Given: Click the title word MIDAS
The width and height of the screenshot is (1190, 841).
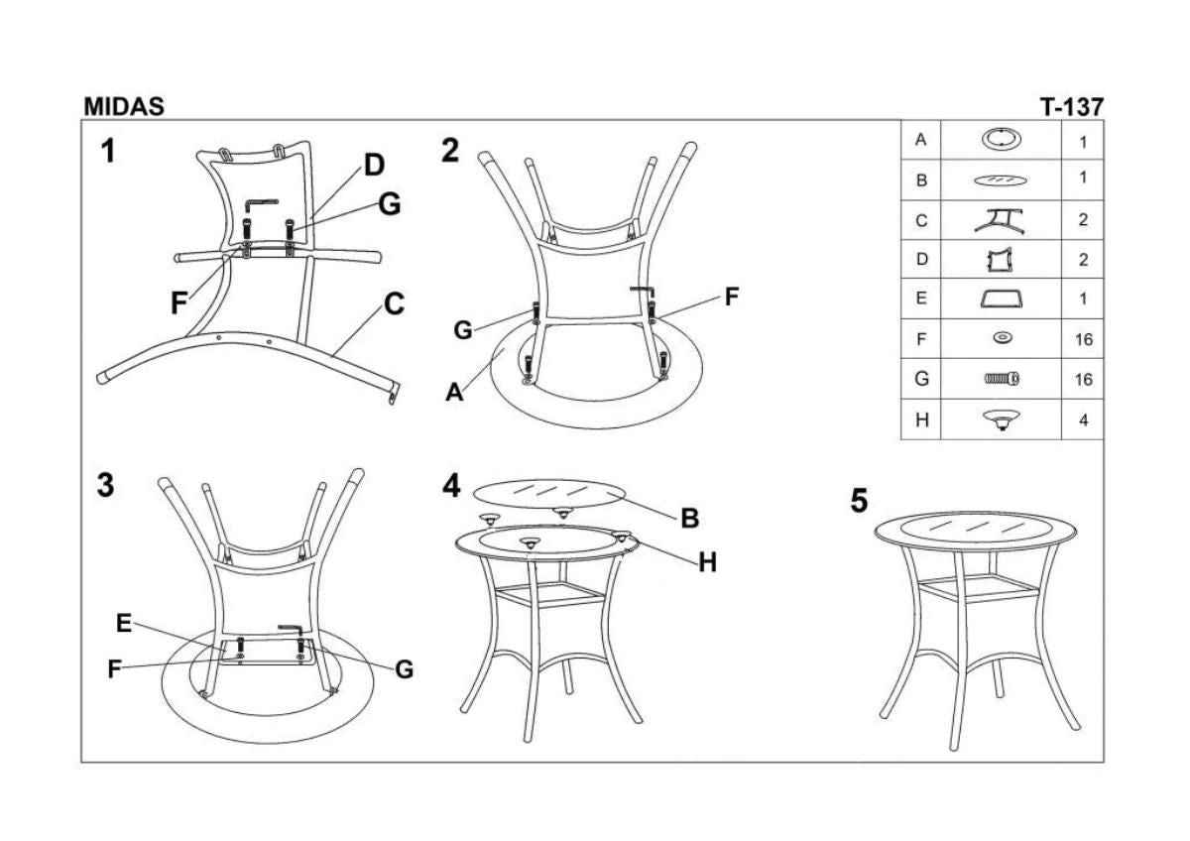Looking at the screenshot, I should point(124,107).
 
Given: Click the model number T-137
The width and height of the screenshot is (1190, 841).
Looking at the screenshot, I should point(1070,107).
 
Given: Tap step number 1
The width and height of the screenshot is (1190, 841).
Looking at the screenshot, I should point(107,152).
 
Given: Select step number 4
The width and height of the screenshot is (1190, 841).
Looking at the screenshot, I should point(452,486).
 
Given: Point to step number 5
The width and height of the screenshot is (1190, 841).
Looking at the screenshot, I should point(860,502).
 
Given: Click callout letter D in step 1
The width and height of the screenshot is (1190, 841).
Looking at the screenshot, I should point(374,166).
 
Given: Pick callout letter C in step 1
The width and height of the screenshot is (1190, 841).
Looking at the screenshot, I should point(394,304).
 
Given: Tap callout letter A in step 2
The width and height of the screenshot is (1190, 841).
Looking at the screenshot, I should point(454,393).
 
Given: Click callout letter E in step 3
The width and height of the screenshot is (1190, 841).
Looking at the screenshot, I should point(123,623).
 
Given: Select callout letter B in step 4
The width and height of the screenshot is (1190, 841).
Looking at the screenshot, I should point(690,518).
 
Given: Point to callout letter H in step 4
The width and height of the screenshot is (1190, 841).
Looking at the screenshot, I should point(706,563).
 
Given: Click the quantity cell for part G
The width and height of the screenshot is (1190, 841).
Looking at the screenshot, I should point(1083,379).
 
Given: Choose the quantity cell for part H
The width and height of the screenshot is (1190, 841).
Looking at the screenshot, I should point(1083,420).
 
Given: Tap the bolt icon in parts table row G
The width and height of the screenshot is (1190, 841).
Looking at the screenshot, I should point(1002,378).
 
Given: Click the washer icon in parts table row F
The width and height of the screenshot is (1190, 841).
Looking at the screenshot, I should point(1002,339).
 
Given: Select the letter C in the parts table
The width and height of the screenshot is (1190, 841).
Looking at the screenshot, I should point(921,220).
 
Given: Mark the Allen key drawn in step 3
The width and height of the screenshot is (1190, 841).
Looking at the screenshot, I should point(292,628).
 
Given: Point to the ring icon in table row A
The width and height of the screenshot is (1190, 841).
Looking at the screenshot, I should point(1002,139).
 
